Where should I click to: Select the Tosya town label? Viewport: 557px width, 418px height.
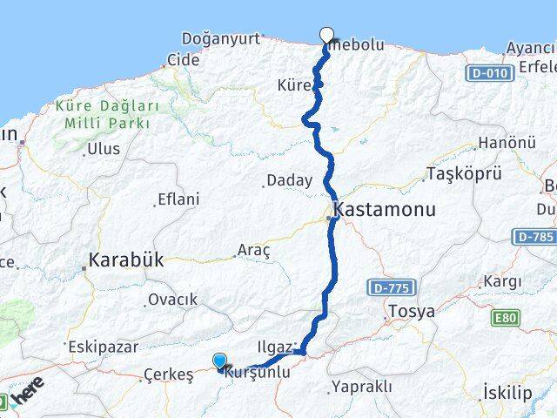pyautogui.click(x=412, y=312)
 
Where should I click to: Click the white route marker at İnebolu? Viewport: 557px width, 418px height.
pyautogui.click(x=327, y=36)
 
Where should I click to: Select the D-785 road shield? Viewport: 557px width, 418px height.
pyautogui.click(x=534, y=236)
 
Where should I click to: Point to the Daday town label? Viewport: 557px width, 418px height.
pyautogui.click(x=289, y=181)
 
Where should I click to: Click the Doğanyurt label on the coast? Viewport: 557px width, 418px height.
pyautogui.click(x=221, y=38)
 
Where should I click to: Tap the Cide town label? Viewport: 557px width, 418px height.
pyautogui.click(x=183, y=60)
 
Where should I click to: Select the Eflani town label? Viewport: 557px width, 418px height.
pyautogui.click(x=178, y=199)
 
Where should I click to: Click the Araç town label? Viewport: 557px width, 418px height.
pyautogui.click(x=254, y=250)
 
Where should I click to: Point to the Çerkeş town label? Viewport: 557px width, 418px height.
pyautogui.click(x=168, y=375)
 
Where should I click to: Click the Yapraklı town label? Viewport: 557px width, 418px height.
pyautogui.click(x=362, y=387)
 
